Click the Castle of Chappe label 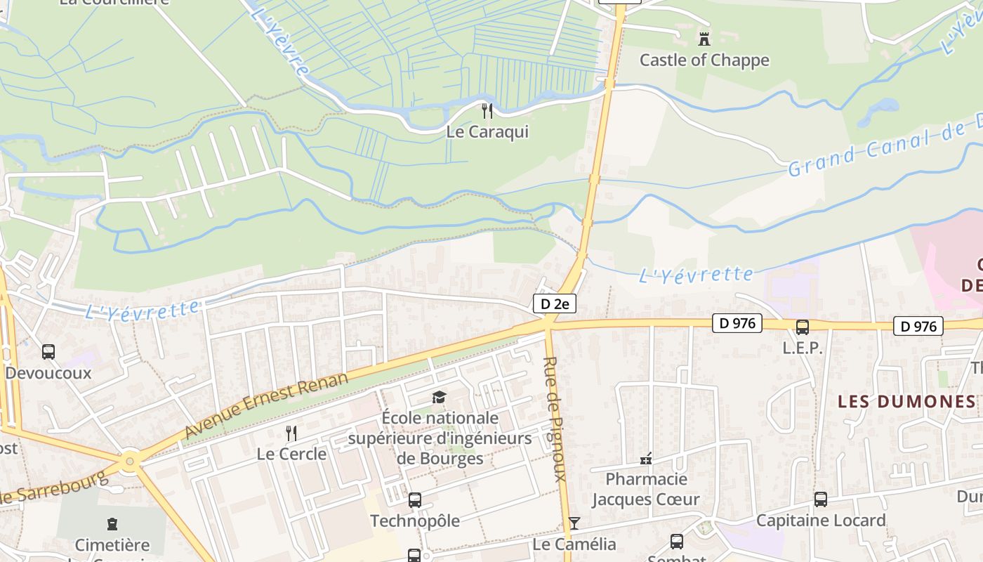(x=704, y=60)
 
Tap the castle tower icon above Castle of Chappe (x=704, y=38)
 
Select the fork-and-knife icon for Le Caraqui (x=487, y=110)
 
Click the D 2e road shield (x=555, y=303)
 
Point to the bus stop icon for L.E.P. (x=802, y=327)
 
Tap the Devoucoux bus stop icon (x=48, y=352)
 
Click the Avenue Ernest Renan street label (x=266, y=406)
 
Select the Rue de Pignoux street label (x=554, y=419)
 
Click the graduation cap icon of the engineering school (x=440, y=398)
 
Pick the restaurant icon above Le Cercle (x=291, y=433)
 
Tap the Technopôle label (x=414, y=521)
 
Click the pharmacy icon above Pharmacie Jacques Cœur (x=646, y=459)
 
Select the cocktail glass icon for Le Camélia (x=574, y=523)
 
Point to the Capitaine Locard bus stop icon (x=820, y=499)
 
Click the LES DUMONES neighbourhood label (x=906, y=401)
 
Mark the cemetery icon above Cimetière (x=112, y=523)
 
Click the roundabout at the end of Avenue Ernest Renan (x=129, y=462)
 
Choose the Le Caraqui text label (x=487, y=132)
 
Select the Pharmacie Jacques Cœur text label (x=646, y=490)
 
